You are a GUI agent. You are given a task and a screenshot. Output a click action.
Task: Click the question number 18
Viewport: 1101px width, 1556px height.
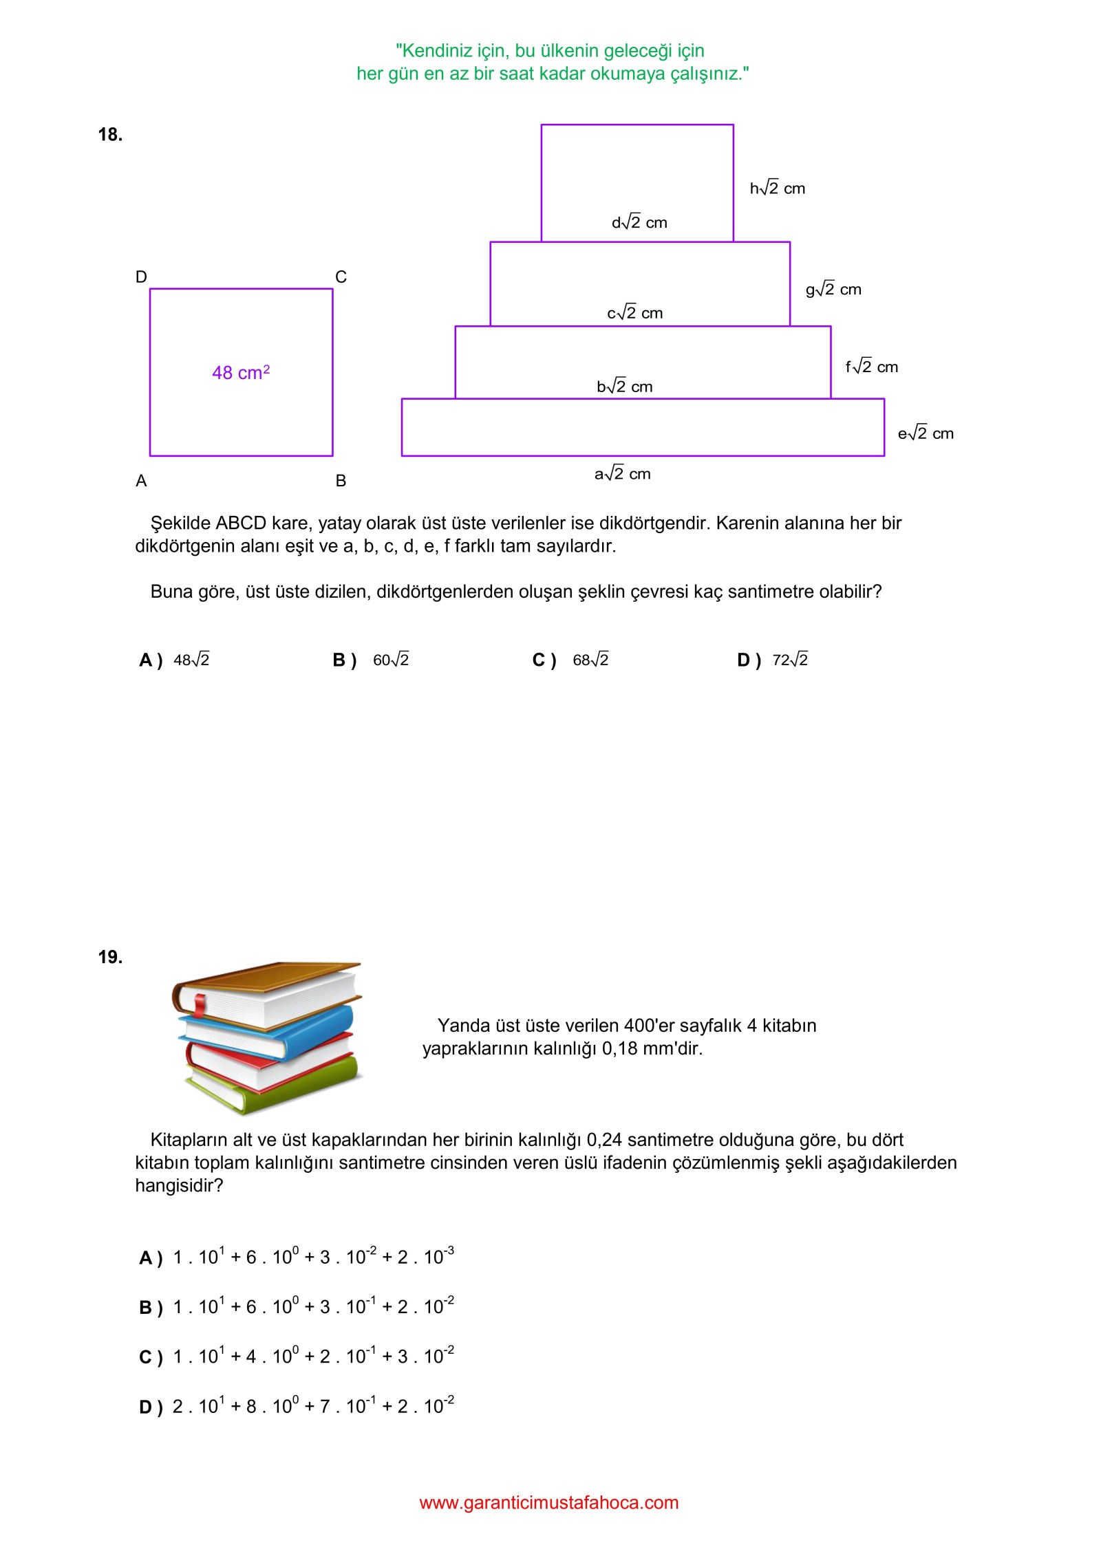[x=110, y=135]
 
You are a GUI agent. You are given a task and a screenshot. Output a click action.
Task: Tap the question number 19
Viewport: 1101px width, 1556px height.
[x=110, y=957]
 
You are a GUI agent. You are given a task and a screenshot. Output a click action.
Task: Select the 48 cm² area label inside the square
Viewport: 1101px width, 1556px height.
[x=241, y=373]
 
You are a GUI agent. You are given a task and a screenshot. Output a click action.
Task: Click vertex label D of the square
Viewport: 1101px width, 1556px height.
[x=141, y=277]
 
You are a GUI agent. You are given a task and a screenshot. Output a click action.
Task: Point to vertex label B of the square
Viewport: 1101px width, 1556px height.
[x=341, y=481]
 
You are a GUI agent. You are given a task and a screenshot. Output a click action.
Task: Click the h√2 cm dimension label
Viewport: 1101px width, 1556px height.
[x=777, y=188]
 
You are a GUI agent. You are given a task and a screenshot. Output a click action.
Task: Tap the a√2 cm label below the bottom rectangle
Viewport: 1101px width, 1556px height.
[x=622, y=474]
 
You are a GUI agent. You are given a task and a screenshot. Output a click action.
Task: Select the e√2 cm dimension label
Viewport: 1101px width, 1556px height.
[x=926, y=433]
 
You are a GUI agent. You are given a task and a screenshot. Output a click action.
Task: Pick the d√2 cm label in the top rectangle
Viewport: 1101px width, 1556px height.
[x=639, y=223]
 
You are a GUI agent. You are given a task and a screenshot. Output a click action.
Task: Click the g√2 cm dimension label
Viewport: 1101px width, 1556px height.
[x=833, y=290]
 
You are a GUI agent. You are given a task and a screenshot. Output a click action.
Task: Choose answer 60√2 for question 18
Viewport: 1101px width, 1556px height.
[x=390, y=660]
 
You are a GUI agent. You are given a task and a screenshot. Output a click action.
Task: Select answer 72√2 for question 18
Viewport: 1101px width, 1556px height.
[x=790, y=660]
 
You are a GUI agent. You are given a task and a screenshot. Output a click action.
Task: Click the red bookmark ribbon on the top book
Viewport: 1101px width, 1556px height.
[x=200, y=1006]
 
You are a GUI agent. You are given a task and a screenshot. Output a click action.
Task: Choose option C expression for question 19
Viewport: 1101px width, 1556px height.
[x=313, y=1357]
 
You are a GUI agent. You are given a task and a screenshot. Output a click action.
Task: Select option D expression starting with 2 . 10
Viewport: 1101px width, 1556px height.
[x=313, y=1406]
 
